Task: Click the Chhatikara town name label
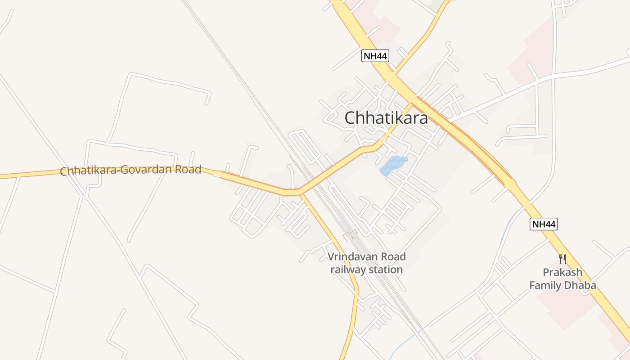pyautogui.click(x=386, y=118)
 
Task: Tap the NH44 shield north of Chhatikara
pyautogui.click(x=375, y=56)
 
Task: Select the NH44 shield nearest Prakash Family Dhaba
pyautogui.click(x=543, y=224)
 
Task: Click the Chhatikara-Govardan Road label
pyautogui.click(x=130, y=171)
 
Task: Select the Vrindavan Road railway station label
pyautogui.click(x=367, y=263)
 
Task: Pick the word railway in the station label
pyautogui.click(x=350, y=270)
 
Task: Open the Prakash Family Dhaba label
pyautogui.click(x=562, y=279)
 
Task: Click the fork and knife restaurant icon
pyautogui.click(x=562, y=259)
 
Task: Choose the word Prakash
pyautogui.click(x=562, y=273)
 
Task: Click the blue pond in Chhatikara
pyautogui.click(x=392, y=165)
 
